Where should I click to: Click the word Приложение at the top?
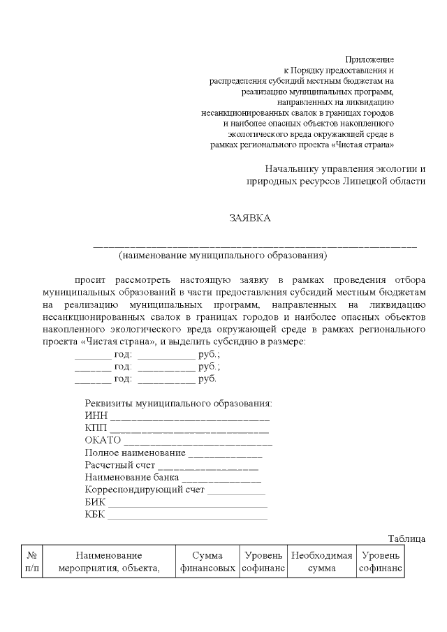370,59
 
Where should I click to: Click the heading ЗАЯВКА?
250,218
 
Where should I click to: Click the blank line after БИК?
187,504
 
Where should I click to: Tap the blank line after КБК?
187,516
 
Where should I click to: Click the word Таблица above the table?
406,538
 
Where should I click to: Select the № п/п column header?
32,562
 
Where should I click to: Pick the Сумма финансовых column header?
207,562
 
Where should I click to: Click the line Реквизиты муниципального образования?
178,404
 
